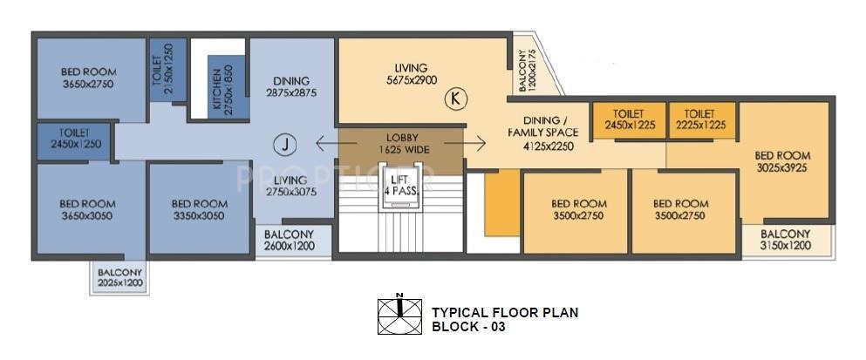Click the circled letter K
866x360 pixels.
click(454, 98)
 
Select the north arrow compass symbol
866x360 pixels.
click(399, 316)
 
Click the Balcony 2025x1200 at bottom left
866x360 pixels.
click(120, 277)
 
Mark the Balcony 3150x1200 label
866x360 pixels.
click(786, 240)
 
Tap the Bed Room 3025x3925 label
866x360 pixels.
click(783, 164)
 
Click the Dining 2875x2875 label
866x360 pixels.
click(290, 86)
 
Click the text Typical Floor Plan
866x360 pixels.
click(505, 312)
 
